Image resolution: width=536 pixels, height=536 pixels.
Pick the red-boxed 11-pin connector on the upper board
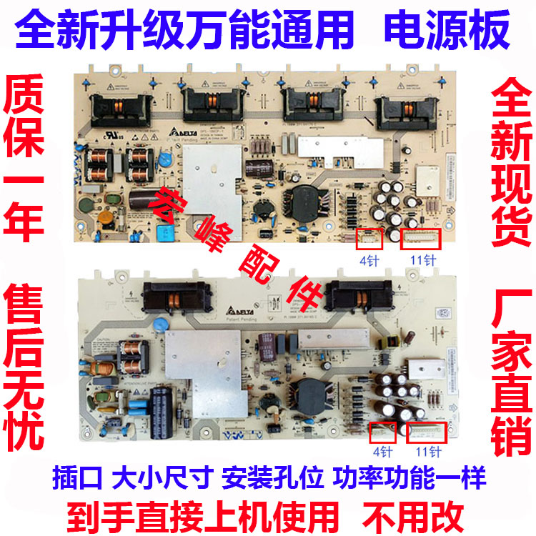(422, 241)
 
